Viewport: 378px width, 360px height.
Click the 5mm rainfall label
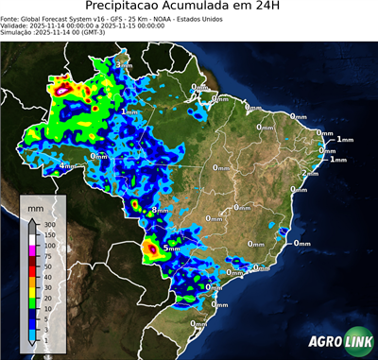[171, 248]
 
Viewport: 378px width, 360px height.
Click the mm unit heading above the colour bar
[35, 205]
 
